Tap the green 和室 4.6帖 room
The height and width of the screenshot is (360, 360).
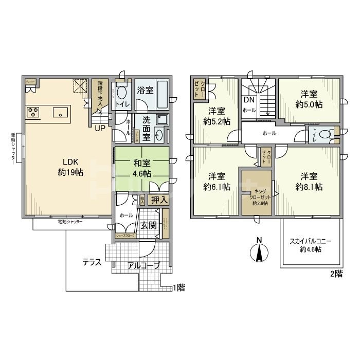(x=142, y=168)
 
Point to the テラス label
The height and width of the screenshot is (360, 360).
(x=92, y=262)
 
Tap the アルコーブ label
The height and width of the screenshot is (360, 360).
(x=144, y=266)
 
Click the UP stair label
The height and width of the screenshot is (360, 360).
(x=100, y=128)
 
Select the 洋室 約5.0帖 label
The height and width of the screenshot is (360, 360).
(x=309, y=98)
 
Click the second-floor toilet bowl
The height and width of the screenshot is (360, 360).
(x=325, y=134)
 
